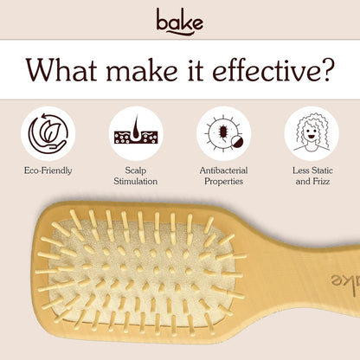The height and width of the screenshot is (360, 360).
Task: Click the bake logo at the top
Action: pos(180,18)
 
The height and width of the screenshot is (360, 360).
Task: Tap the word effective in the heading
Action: pos(260,68)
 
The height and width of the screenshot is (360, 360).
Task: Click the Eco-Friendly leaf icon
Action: pos(48,133)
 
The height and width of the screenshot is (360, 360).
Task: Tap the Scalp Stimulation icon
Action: pos(136,133)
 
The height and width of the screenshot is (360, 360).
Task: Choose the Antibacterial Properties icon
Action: pos(224,133)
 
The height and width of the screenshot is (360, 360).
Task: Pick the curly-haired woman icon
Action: pos(312,133)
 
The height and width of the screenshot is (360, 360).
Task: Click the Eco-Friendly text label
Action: pos(48,170)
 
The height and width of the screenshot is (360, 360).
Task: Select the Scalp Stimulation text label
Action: pos(136,177)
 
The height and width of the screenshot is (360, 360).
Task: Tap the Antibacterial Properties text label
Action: pos(224,177)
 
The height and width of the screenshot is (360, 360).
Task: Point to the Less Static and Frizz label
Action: pos(312,177)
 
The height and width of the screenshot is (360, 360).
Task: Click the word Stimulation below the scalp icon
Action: pos(136,183)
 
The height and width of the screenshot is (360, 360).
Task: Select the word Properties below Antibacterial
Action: pos(224,183)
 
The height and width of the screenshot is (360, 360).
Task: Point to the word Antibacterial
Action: pos(224,170)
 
